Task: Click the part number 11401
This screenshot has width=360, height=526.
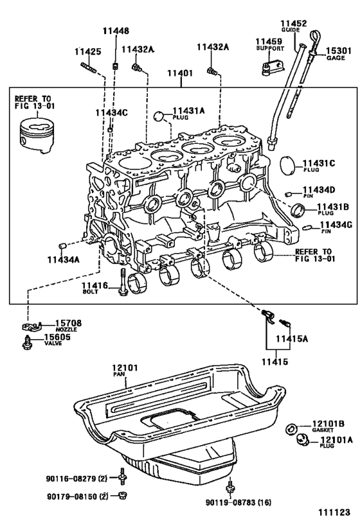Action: click(181, 73)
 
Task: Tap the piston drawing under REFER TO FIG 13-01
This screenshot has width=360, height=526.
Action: click(35, 135)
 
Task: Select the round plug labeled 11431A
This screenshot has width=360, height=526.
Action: click(159, 116)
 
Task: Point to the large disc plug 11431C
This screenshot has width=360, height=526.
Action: click(287, 166)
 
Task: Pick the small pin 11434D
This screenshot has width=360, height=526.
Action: click(288, 193)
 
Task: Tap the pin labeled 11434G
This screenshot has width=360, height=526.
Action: click(307, 228)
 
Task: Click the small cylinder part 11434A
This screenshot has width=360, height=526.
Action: click(62, 247)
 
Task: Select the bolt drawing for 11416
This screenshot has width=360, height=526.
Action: click(123, 282)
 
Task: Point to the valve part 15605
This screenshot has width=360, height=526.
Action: click(28, 342)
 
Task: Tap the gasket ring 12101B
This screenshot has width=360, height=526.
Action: click(291, 429)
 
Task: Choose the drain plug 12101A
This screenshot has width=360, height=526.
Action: click(303, 440)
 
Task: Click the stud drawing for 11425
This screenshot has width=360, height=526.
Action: click(89, 67)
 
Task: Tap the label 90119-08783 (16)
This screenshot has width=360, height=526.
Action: click(239, 502)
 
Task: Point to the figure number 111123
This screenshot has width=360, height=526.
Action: click(334, 513)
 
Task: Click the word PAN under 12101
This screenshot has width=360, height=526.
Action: click(118, 374)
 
